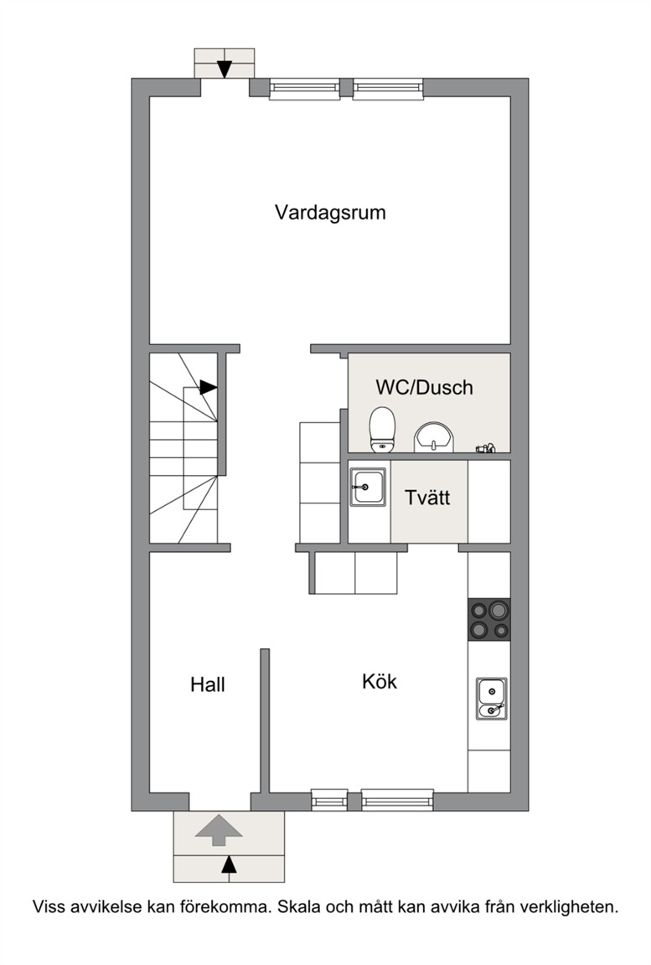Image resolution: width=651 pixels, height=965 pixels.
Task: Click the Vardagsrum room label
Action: point(330,213)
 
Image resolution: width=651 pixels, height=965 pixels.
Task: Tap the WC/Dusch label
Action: point(425,387)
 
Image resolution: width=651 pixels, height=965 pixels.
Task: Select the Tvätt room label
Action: point(427,498)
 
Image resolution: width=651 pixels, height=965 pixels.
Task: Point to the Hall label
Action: point(207,684)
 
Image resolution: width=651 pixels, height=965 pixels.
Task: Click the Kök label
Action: point(380,681)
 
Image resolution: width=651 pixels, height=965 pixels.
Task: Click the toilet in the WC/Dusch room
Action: point(382,429)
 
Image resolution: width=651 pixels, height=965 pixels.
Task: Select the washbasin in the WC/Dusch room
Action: point(434,437)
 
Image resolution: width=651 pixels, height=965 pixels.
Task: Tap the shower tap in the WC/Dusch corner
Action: point(485,449)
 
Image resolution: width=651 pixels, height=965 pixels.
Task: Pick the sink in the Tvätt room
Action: point(368,487)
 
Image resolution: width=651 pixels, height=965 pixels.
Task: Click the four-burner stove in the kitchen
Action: point(489,619)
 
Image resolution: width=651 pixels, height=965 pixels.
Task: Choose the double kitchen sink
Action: point(492,699)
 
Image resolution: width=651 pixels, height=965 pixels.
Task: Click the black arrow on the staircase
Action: point(209,387)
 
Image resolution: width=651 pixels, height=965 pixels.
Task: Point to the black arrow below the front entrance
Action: point(229,864)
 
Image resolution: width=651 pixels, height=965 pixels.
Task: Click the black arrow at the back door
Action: point(225,70)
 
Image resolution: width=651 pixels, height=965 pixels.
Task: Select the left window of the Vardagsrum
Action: point(305,89)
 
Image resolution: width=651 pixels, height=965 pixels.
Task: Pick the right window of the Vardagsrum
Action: point(388,89)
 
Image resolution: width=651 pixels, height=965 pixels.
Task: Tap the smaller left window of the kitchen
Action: point(329,799)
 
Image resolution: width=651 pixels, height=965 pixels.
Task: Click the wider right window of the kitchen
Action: point(397,799)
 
